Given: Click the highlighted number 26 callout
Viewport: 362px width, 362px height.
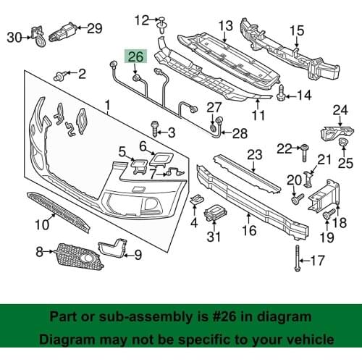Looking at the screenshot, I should pos(135,56).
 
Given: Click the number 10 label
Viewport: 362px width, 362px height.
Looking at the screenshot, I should pos(41,225).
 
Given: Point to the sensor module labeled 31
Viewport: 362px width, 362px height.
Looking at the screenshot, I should pos(214,215).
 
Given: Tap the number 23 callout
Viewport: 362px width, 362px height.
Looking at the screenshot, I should pos(254,154).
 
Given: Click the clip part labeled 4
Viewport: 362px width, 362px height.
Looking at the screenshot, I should pos(193,201).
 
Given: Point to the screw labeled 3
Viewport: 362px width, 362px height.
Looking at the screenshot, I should pos(155,130).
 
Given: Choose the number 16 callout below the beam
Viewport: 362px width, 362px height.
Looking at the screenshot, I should pos(248,232).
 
